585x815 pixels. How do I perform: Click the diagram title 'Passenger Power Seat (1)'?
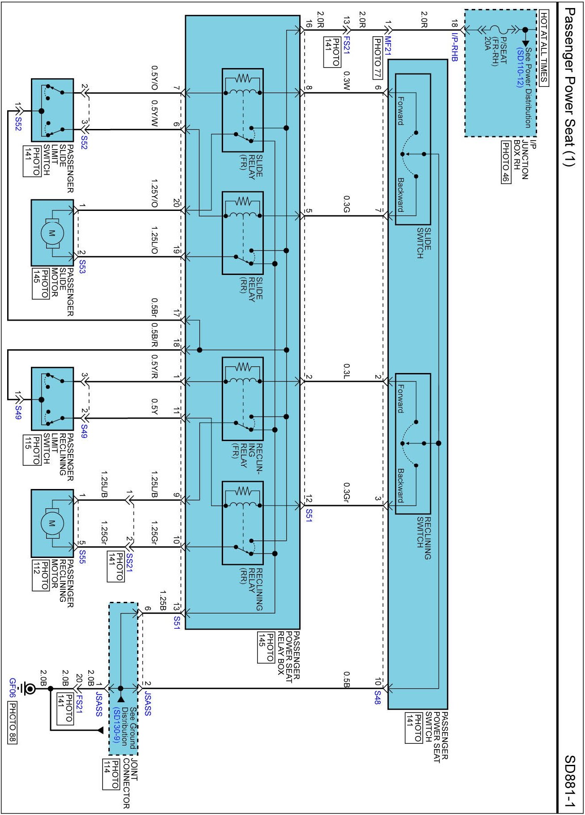click(x=569, y=87)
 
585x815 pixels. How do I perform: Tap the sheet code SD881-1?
click(x=570, y=781)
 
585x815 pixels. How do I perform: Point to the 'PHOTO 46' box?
click(x=506, y=162)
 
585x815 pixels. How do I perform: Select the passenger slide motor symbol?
click(x=52, y=233)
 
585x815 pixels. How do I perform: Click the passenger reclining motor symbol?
click(x=52, y=523)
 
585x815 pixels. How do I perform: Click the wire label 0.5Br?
click(x=154, y=308)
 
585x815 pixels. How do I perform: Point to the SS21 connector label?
click(x=129, y=562)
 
